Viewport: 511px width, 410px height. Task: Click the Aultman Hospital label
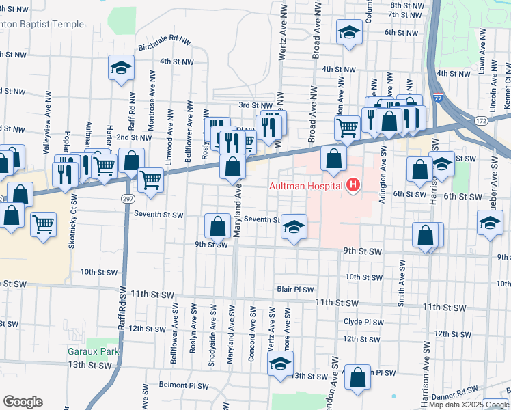[307, 186]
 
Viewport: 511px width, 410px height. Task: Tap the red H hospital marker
[353, 185]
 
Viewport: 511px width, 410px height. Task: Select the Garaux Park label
[93, 352]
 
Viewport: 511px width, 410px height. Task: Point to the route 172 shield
[480, 121]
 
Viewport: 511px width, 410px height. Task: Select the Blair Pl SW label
[294, 290]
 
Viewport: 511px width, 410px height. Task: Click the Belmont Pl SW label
[183, 385]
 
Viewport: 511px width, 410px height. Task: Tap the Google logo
[23, 401]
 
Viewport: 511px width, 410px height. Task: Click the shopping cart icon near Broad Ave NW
[348, 126]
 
